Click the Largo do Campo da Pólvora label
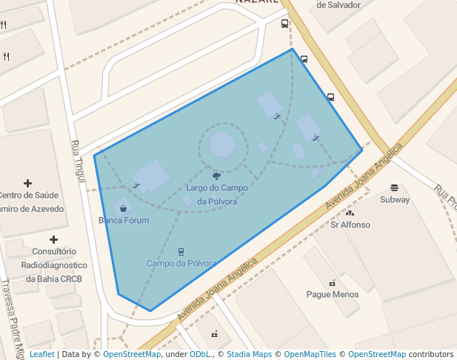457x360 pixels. (x=216, y=195)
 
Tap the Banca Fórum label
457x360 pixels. (x=124, y=221)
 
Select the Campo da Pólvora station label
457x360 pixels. (x=181, y=263)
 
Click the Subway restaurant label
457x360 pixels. (x=395, y=199)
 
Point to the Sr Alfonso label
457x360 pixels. (x=350, y=224)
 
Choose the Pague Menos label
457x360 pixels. (x=333, y=294)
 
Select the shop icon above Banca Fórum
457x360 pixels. (x=123, y=209)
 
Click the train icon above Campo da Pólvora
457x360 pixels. (x=181, y=252)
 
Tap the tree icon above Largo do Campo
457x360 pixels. (x=216, y=176)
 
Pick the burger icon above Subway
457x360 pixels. (x=394, y=187)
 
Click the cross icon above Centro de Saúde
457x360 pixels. (x=28, y=183)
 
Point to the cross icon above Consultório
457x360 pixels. (x=53, y=239)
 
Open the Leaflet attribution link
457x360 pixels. (x=41, y=354)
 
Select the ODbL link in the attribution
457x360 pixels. (x=201, y=354)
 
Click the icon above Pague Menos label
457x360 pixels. (x=332, y=282)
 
